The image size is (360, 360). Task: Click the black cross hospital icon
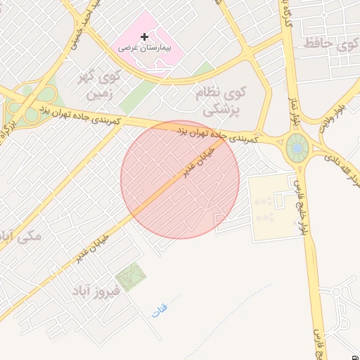144,37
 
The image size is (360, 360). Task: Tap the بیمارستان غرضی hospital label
149,50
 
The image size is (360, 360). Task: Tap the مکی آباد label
21,236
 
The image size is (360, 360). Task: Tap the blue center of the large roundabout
297,148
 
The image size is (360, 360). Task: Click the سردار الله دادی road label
336,169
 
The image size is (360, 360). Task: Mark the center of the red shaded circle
180,180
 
